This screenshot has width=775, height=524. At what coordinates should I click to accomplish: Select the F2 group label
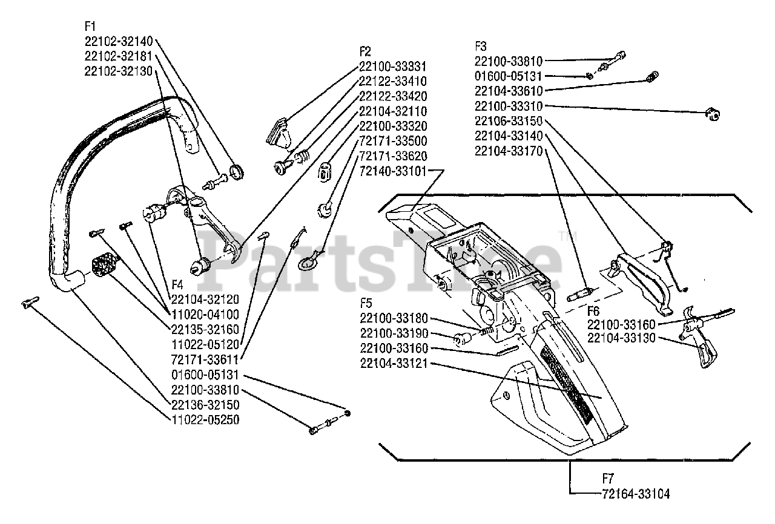pyautogui.click(x=364, y=51)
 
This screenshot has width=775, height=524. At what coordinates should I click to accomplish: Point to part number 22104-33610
pyautogui.click(x=509, y=91)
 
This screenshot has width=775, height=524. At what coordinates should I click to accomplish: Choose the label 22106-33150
pyautogui.click(x=509, y=121)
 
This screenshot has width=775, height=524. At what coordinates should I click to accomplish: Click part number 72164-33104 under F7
pyautogui.click(x=636, y=493)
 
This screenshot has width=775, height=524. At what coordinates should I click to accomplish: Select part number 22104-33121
pyautogui.click(x=394, y=363)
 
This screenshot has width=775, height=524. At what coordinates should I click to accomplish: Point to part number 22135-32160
pyautogui.click(x=205, y=329)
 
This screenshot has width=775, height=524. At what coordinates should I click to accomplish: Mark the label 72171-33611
pyautogui.click(x=205, y=359)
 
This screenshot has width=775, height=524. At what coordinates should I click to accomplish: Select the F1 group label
pyautogui.click(x=91, y=27)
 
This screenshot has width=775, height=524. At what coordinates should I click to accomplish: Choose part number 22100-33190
pyautogui.click(x=394, y=333)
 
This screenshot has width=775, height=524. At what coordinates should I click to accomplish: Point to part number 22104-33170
pyautogui.click(x=509, y=151)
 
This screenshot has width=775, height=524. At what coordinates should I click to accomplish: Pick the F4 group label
pyautogui.click(x=177, y=284)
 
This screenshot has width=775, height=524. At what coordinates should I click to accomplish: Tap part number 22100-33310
pyautogui.click(x=509, y=106)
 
